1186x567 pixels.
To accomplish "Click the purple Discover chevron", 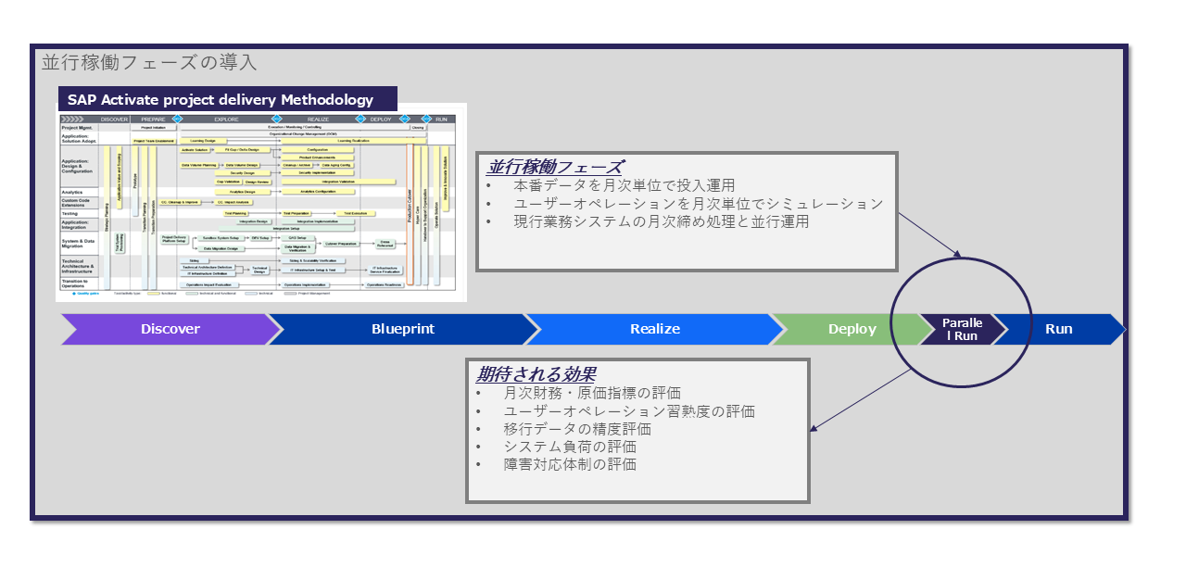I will coord(170,329).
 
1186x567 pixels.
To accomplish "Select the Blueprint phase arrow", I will coord(402,329).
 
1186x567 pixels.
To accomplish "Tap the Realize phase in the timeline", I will coord(654,329).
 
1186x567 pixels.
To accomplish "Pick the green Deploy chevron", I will coord(852,329).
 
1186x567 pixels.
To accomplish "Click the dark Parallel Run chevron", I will coord(961,329).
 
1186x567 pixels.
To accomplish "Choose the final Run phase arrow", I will coord(1058,329).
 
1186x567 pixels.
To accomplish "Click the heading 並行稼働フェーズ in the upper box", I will coord(554,168).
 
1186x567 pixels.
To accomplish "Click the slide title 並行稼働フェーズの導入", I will coord(149,63).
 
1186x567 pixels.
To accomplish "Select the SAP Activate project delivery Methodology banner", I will coord(221,100).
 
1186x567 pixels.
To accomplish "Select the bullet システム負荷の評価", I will coord(570,447).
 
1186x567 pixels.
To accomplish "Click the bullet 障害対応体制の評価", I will coord(570,464).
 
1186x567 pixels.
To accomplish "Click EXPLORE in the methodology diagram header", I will coord(226,120).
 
